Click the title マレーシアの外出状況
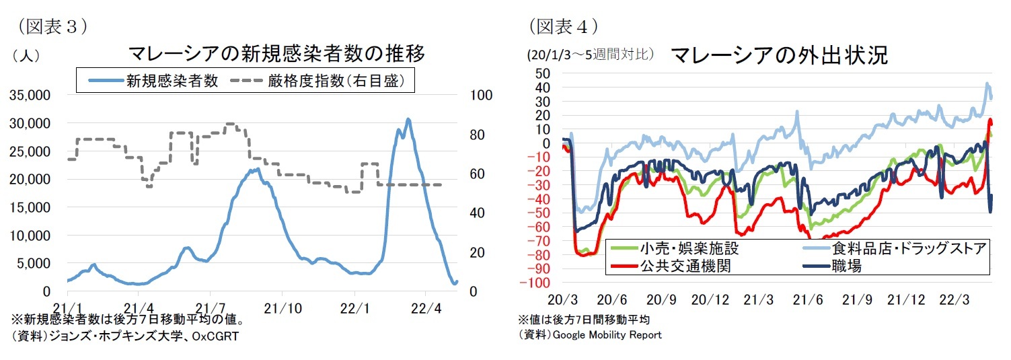point(779,55)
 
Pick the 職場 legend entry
point(846,266)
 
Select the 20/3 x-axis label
point(563,299)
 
